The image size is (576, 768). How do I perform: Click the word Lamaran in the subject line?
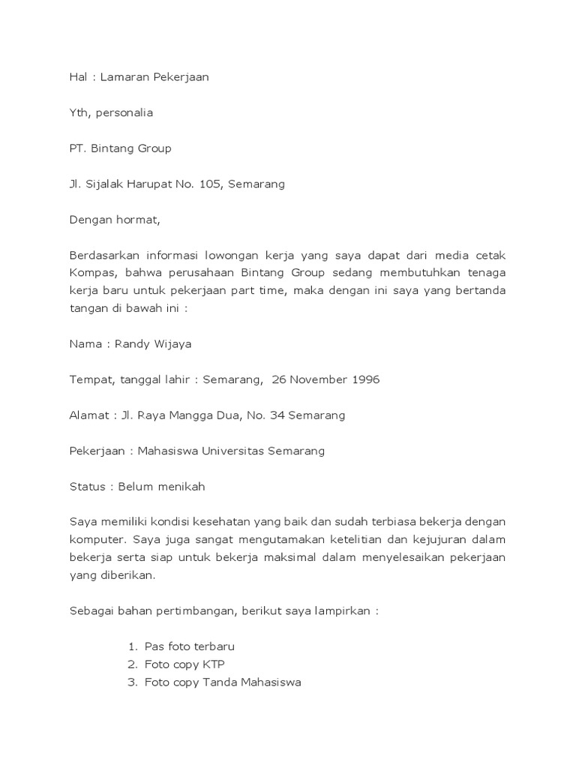126,76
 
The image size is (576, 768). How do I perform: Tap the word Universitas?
232,451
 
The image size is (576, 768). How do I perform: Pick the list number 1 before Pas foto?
131,646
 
